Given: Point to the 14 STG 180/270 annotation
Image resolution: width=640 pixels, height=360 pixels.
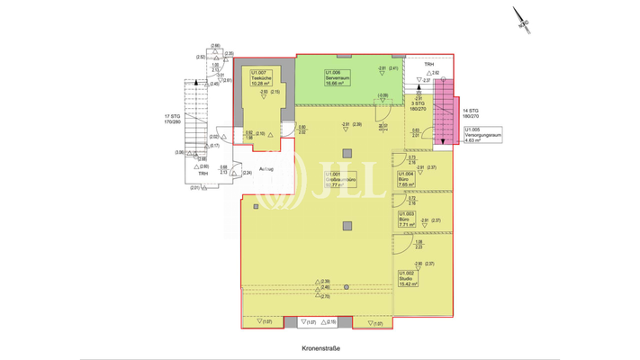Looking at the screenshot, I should [x=471, y=112].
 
